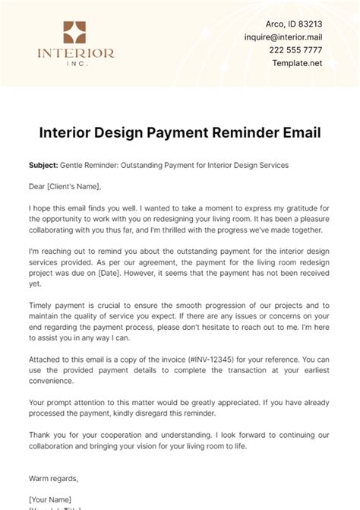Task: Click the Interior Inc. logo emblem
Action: tap(75, 33)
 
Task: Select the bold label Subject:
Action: tap(45, 165)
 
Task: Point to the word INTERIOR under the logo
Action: tap(75, 53)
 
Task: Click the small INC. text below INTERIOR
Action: tap(75, 63)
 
